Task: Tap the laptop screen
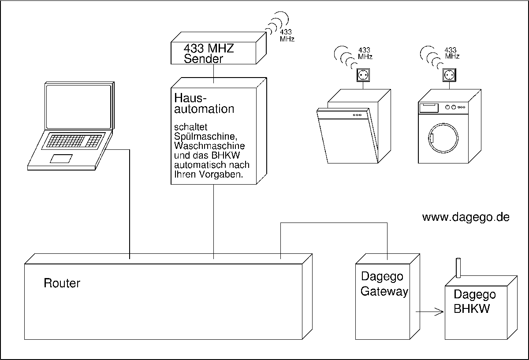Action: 79,106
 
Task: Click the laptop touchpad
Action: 61,159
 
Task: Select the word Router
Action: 62,283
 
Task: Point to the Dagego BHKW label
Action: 474,301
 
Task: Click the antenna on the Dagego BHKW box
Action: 458,268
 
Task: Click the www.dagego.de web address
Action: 466,217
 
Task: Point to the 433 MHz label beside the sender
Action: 287,36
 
